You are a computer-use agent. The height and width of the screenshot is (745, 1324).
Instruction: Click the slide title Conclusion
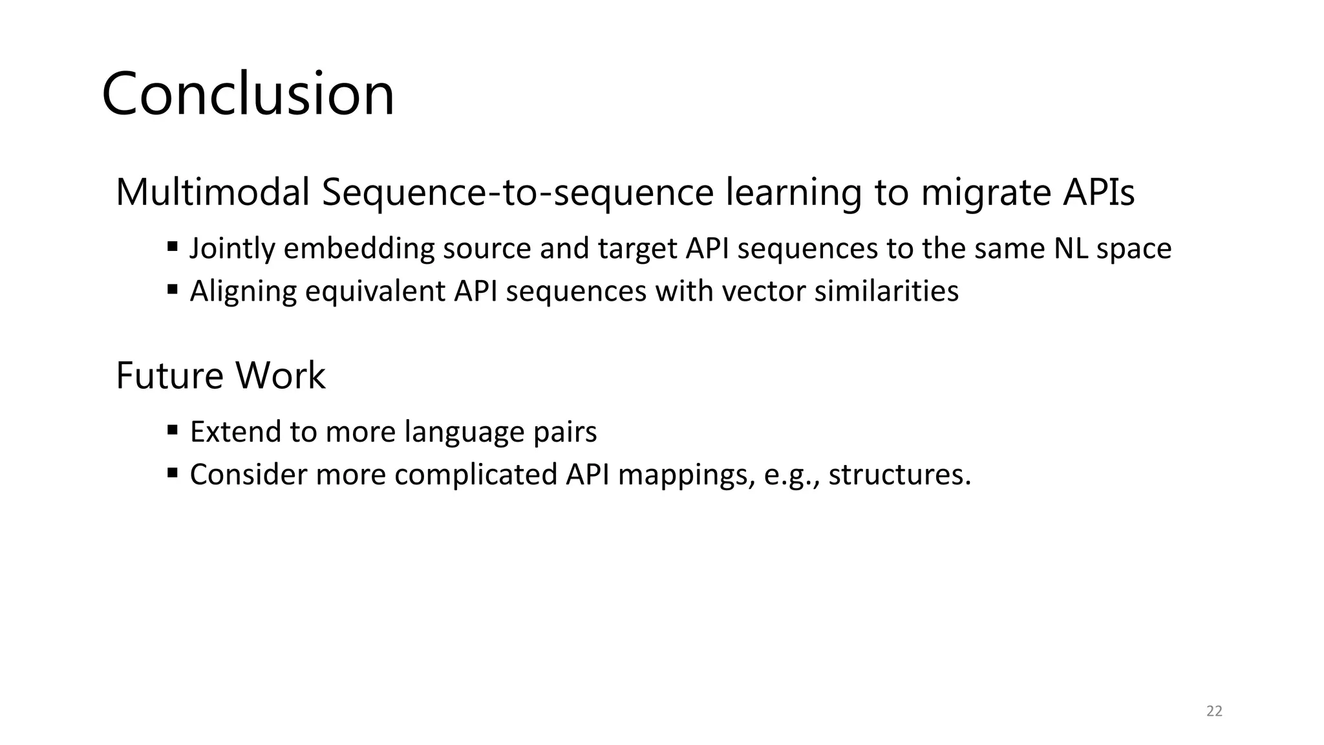point(248,94)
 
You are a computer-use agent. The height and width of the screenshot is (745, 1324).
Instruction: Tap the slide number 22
point(1214,711)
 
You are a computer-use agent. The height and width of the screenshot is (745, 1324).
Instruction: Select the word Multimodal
point(213,193)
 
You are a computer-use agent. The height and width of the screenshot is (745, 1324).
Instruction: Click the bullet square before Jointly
point(172,246)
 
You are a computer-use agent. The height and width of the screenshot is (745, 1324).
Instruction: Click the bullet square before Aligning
point(172,289)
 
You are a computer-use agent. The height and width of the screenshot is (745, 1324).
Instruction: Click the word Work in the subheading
point(280,376)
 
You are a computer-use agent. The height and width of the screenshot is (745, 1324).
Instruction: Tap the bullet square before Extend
point(172,429)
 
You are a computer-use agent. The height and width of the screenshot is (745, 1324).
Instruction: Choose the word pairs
point(564,432)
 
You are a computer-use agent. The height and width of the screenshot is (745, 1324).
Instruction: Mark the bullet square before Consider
point(172,472)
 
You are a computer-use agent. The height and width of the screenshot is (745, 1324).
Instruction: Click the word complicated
point(476,475)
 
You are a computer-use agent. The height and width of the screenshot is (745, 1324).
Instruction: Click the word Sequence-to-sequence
point(517,193)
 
